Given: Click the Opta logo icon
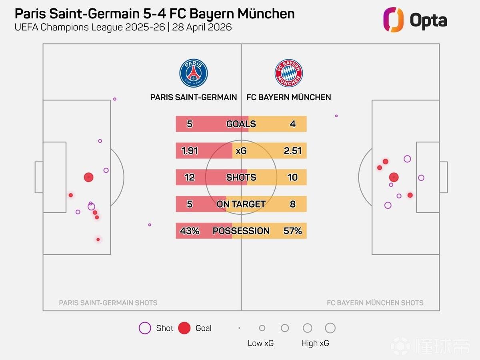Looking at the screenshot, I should click(x=393, y=20).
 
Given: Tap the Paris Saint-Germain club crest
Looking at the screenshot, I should click(x=194, y=73).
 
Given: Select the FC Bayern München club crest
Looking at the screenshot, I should click(x=288, y=73).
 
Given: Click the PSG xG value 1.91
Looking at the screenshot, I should click(x=190, y=151).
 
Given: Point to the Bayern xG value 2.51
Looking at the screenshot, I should click(x=292, y=151).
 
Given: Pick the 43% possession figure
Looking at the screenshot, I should click(x=190, y=231).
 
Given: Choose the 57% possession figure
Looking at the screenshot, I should click(x=292, y=231).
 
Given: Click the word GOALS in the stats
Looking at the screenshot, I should click(x=241, y=124).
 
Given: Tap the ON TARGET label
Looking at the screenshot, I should click(x=241, y=204).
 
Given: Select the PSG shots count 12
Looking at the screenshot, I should click(x=190, y=177).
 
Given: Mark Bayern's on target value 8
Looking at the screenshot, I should click(x=292, y=204).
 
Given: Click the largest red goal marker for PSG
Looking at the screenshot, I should click(x=88, y=177).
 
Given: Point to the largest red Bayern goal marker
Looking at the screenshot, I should click(x=394, y=177).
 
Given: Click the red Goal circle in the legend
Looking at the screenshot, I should click(x=184, y=328).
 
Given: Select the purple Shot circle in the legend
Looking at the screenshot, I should click(x=144, y=328).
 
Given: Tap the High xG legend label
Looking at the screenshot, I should click(x=315, y=343).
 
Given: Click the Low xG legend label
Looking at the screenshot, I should click(x=260, y=343).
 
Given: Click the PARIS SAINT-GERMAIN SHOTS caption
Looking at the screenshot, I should click(x=108, y=303).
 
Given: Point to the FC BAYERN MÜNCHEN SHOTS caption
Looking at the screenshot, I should click(x=375, y=303).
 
